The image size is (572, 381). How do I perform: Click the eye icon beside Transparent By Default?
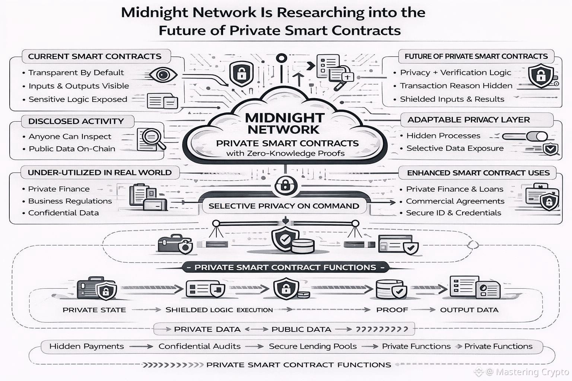[x=163, y=75]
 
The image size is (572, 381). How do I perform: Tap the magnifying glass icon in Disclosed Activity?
[x=151, y=139]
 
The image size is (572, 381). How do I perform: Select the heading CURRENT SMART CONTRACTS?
[x=95, y=57]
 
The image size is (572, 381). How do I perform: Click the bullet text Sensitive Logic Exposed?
[x=78, y=99]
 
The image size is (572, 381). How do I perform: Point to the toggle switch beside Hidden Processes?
[x=525, y=136]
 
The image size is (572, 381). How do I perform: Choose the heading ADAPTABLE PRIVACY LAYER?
[x=468, y=120]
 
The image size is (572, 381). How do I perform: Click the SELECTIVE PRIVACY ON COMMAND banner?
[x=284, y=206]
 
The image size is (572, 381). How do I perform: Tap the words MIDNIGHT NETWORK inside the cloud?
[x=284, y=124]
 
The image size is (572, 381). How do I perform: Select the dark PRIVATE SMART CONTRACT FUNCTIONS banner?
[x=285, y=268]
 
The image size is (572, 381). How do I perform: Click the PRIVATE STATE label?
[x=94, y=310]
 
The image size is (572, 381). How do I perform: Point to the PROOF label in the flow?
[x=392, y=310]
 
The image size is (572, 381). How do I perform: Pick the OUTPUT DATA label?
[x=469, y=310]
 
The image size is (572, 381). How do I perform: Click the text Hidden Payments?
[x=86, y=346]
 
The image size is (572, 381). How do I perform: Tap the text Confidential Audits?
[x=200, y=346]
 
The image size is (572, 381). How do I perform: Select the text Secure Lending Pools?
[x=313, y=346]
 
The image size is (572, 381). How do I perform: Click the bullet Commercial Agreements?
[x=455, y=201]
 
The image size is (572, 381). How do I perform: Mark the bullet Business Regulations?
[x=70, y=201]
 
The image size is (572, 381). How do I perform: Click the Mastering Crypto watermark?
[x=527, y=372]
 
